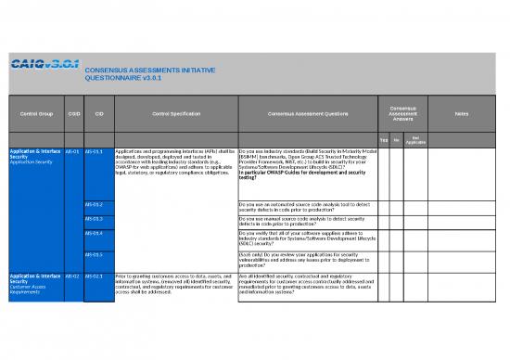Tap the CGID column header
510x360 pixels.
[73, 114]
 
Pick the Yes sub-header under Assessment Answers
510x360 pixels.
[384, 139]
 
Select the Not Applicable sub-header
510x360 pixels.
[416, 139]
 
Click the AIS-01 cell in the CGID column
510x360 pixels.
[73, 149]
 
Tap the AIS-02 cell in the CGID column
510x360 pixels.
[73, 276]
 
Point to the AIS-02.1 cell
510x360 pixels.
[94, 276]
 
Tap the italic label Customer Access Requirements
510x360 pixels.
[28, 291]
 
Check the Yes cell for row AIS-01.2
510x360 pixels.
[384, 206]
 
